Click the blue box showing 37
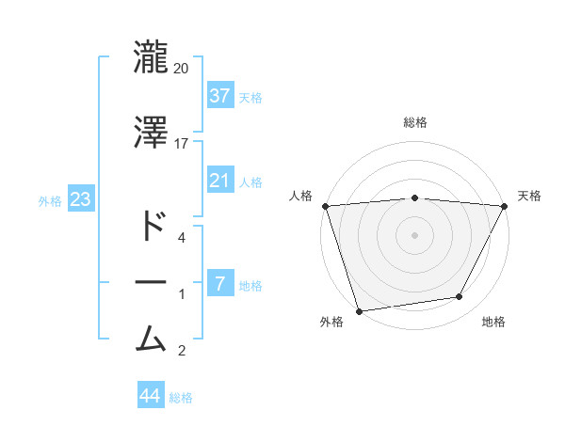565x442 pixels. coord(219,95)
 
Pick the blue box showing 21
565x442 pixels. coord(219,180)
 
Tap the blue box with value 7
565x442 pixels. coord(219,283)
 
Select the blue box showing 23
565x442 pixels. coord(80,199)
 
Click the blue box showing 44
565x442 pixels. coord(150,396)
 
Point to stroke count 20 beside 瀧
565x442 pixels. coord(182,68)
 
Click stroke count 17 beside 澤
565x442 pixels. coord(182,144)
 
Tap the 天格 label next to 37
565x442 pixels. coord(250,97)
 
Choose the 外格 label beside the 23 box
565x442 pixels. coord(50,200)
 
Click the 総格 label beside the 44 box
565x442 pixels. coord(181,398)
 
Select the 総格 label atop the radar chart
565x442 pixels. coord(415,122)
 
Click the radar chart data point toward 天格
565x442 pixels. coord(505,206)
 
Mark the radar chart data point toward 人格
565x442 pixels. coord(325,206)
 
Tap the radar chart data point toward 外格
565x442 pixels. coord(359,310)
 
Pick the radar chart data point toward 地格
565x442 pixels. coord(460,297)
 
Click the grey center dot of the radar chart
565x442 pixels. coord(415,234)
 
